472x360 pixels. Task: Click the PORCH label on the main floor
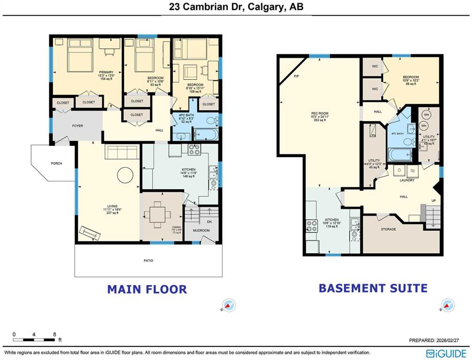(57, 164)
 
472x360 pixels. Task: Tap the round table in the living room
(125, 175)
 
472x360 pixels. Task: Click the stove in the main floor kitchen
(194, 150)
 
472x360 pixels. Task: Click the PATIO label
(148, 261)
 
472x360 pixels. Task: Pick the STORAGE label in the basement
(388, 229)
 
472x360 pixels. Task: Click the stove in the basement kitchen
(312, 226)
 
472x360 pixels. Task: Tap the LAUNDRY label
(407, 180)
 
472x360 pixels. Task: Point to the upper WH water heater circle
(426, 114)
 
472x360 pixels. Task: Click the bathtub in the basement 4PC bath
(400, 154)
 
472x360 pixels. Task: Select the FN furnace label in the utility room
(374, 135)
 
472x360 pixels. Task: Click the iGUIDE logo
(446, 353)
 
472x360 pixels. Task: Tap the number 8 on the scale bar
(55, 335)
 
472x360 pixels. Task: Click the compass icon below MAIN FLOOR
(228, 306)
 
